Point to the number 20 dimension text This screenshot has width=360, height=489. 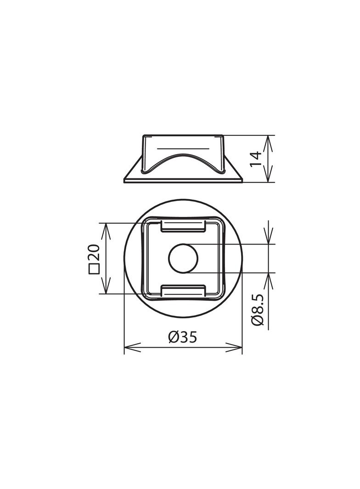[94, 253]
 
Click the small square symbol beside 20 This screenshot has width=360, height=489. [94, 269]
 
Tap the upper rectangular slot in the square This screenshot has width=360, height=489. [183, 226]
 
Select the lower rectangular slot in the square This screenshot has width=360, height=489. [183, 290]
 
